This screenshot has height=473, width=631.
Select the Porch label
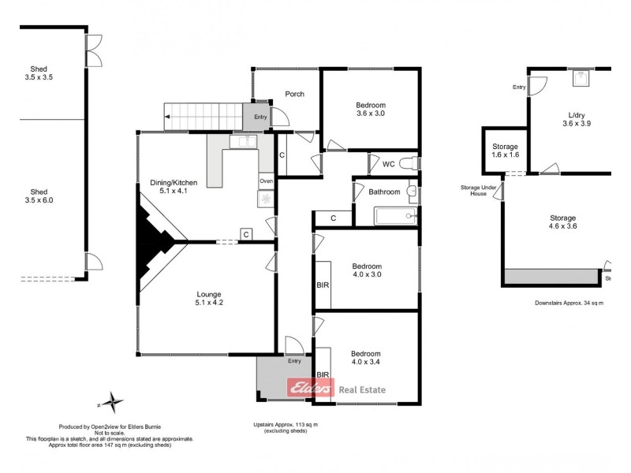click(295, 95)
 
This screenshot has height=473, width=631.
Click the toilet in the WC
click(408, 164)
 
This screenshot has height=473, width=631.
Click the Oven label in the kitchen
click(266, 181)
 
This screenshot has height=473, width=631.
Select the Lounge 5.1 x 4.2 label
click(208, 299)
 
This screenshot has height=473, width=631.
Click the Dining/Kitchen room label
click(174, 188)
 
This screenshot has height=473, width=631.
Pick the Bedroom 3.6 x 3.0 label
click(370, 110)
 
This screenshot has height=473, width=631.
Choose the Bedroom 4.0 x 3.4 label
click(366, 359)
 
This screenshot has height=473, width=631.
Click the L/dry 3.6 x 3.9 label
click(577, 119)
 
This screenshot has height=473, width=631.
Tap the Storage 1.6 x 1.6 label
click(505, 151)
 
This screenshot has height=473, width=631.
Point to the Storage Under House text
click(479, 191)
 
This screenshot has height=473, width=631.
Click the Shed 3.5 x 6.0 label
click(39, 196)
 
